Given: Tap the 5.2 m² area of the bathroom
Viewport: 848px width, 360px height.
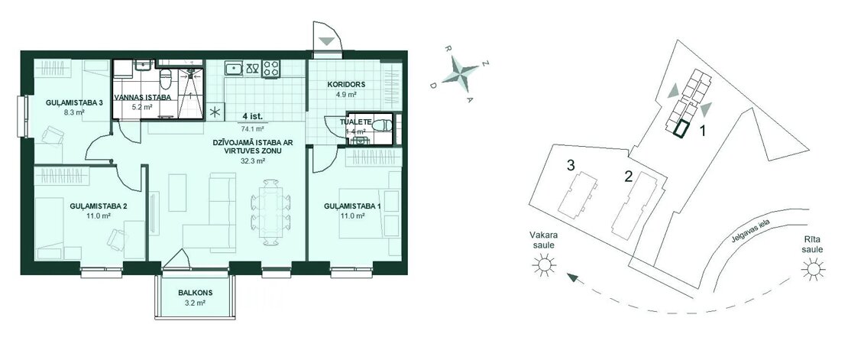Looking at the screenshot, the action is (142, 107).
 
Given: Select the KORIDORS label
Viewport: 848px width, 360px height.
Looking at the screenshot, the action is (347, 84).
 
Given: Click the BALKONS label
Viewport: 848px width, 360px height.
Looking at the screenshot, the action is (196, 293).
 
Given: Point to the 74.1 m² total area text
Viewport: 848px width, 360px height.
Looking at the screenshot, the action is (253, 129).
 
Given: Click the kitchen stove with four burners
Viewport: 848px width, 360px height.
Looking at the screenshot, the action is (271, 69).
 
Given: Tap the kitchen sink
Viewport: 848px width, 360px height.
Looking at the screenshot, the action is (235, 68).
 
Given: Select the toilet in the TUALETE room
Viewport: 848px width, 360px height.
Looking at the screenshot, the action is (383, 124).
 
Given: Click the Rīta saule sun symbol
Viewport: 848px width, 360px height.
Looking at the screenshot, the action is (813, 268).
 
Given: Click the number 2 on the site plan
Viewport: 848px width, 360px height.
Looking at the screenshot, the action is (629, 177).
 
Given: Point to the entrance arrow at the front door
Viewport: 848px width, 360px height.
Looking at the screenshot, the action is (326, 41).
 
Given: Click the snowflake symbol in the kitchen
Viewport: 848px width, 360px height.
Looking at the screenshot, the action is (215, 112).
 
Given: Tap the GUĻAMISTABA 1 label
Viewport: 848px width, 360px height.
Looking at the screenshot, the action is (349, 206).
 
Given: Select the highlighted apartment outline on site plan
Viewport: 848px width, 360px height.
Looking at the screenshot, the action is (681, 130).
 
